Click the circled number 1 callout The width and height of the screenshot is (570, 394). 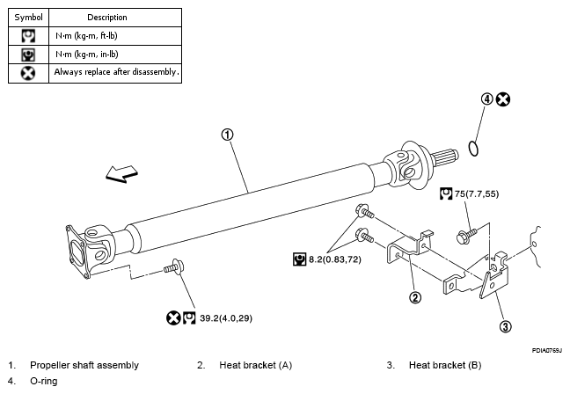click(x=227, y=135)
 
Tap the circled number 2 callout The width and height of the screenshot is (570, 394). click(x=415, y=297)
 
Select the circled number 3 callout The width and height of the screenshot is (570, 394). click(x=506, y=326)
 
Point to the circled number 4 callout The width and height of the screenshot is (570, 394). click(x=486, y=99)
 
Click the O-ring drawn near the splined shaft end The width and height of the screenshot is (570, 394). click(x=473, y=149)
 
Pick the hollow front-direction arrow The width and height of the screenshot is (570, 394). click(x=121, y=174)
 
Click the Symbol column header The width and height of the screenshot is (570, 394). click(x=28, y=18)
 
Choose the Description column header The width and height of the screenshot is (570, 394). click(x=107, y=18)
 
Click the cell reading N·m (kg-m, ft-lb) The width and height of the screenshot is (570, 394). click(x=86, y=36)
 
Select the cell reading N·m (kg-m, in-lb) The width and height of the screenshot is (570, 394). click(x=87, y=55)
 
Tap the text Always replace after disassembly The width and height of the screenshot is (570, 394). click(x=116, y=72)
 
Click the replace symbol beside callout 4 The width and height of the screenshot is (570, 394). click(x=503, y=99)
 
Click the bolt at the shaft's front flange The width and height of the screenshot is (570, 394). click(x=174, y=266)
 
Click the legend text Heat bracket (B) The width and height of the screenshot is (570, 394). click(x=445, y=365)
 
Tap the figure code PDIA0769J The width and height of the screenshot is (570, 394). click(x=547, y=350)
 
